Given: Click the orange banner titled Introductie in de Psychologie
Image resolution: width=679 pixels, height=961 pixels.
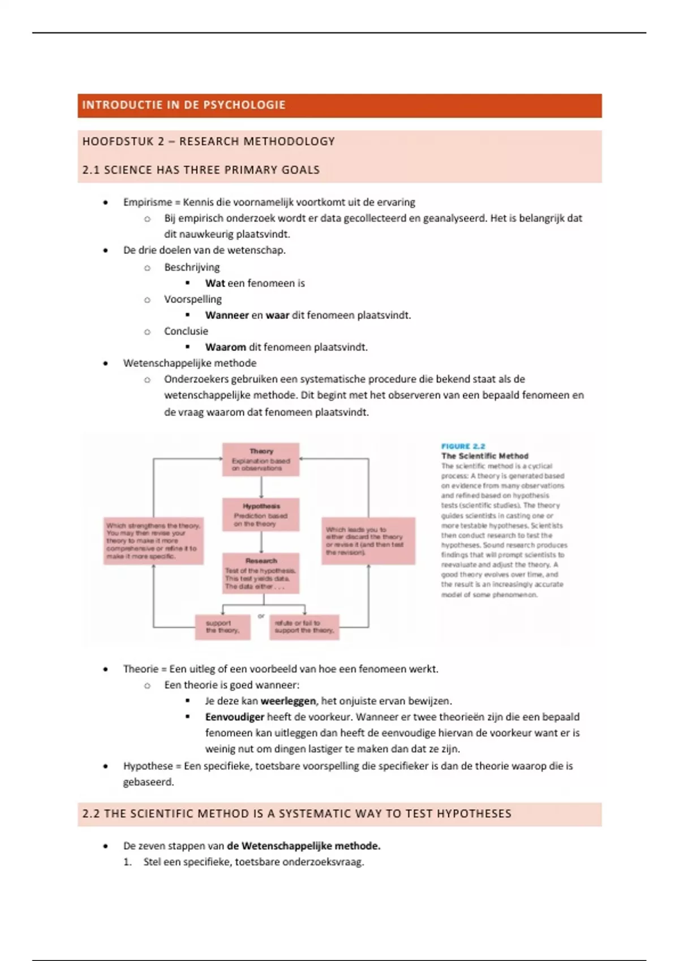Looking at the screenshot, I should click(x=339, y=106).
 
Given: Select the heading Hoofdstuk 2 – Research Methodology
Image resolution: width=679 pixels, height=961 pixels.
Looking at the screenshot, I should click(x=209, y=141).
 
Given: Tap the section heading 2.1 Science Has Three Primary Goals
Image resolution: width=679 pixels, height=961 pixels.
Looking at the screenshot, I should click(x=201, y=170).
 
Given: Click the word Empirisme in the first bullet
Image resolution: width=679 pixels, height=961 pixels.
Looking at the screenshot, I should click(x=147, y=202).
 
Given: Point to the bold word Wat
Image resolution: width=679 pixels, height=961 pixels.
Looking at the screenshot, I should click(x=215, y=283).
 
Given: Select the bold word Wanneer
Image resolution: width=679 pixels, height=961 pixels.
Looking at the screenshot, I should click(x=227, y=315).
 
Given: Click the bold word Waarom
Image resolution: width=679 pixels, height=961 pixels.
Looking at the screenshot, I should click(x=225, y=347).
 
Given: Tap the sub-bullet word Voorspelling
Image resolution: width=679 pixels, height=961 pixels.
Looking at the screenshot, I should click(x=193, y=299).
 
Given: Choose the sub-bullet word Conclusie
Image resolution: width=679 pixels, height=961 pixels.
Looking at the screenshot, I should click(x=186, y=331).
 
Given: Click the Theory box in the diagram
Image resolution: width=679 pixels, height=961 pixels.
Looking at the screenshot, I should click(x=261, y=460).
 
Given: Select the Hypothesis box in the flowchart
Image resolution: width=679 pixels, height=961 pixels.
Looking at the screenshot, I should click(x=261, y=514).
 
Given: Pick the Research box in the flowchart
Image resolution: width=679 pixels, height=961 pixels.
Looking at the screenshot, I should click(x=261, y=573).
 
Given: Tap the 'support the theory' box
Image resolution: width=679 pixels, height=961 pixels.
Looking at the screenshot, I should click(x=223, y=627).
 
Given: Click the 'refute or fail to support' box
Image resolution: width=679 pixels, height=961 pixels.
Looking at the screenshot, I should click(x=304, y=627).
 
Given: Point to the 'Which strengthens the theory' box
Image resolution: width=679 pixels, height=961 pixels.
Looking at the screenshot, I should click(x=153, y=541).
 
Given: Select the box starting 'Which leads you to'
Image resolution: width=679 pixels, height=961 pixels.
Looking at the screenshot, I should click(x=368, y=541).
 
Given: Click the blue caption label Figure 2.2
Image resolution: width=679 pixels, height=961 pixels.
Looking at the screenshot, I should click(x=463, y=446).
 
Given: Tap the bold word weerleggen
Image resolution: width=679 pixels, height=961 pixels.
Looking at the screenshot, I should click(x=288, y=701).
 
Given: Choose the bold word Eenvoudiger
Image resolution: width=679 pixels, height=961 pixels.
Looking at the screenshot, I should click(x=235, y=717).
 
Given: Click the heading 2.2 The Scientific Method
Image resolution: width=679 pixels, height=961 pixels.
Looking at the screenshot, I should click(x=297, y=814).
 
